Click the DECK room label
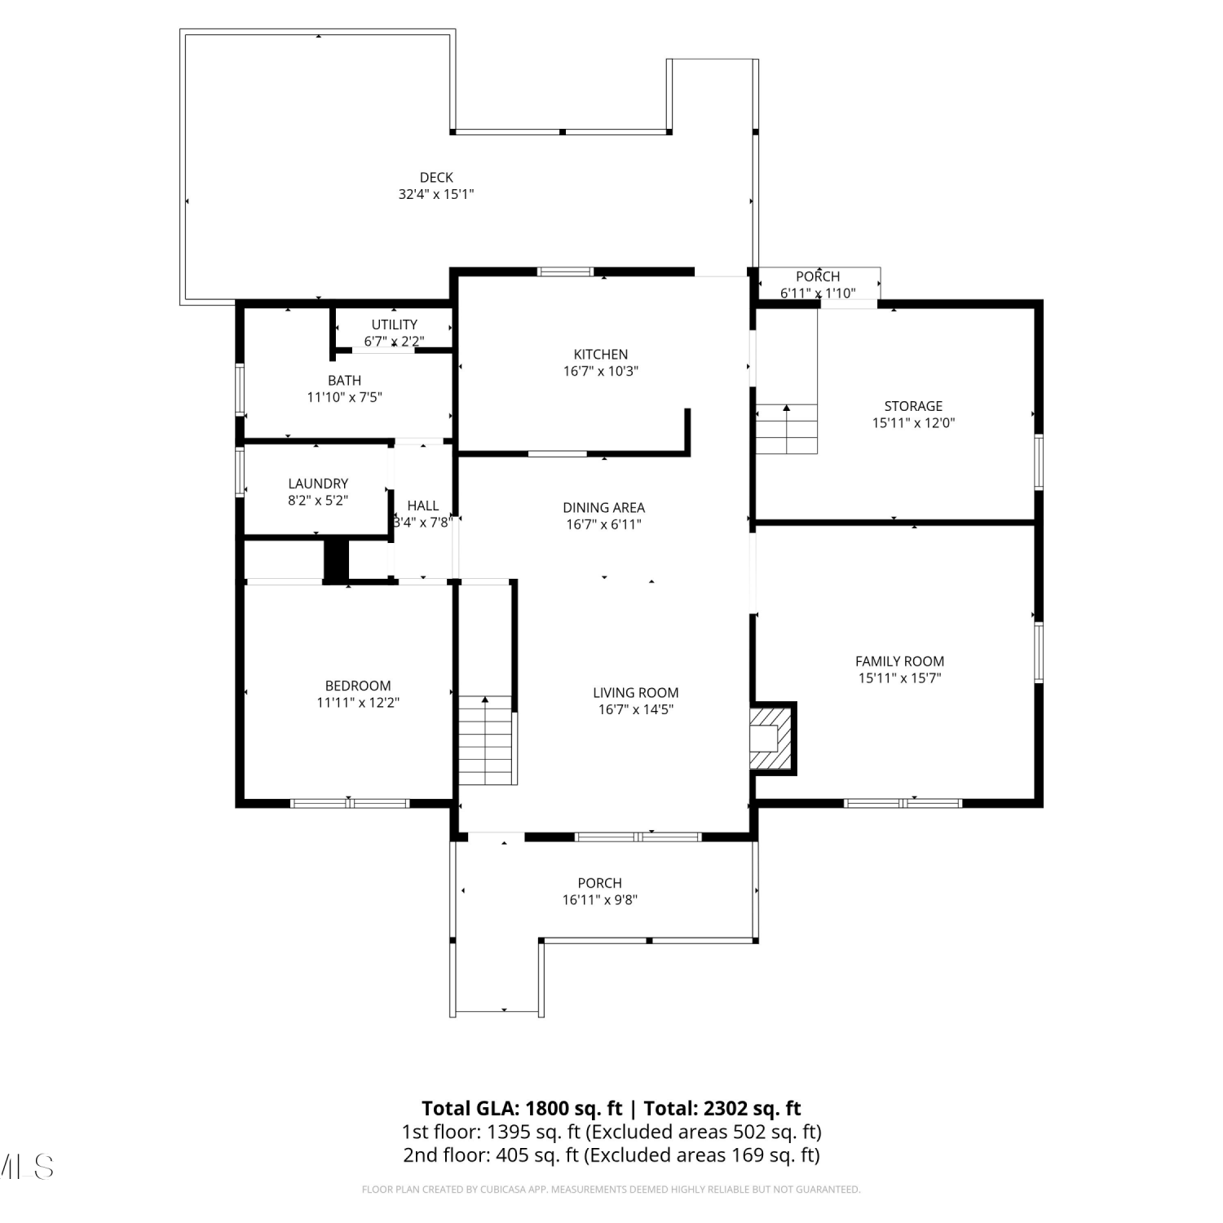436,178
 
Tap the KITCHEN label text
601,355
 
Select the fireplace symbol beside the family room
770,739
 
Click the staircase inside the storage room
787,429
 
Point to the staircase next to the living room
486,740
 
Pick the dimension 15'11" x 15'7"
900,678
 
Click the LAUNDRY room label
318,484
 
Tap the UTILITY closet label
395,325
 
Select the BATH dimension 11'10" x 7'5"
345,398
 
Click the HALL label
423,506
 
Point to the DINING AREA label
604,508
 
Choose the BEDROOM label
358,687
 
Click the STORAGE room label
913,406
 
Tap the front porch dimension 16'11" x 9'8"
600,900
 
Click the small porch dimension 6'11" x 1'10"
818,294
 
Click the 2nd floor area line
611,1155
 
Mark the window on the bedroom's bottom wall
350,804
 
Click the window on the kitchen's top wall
565,272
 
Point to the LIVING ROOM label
636,693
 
